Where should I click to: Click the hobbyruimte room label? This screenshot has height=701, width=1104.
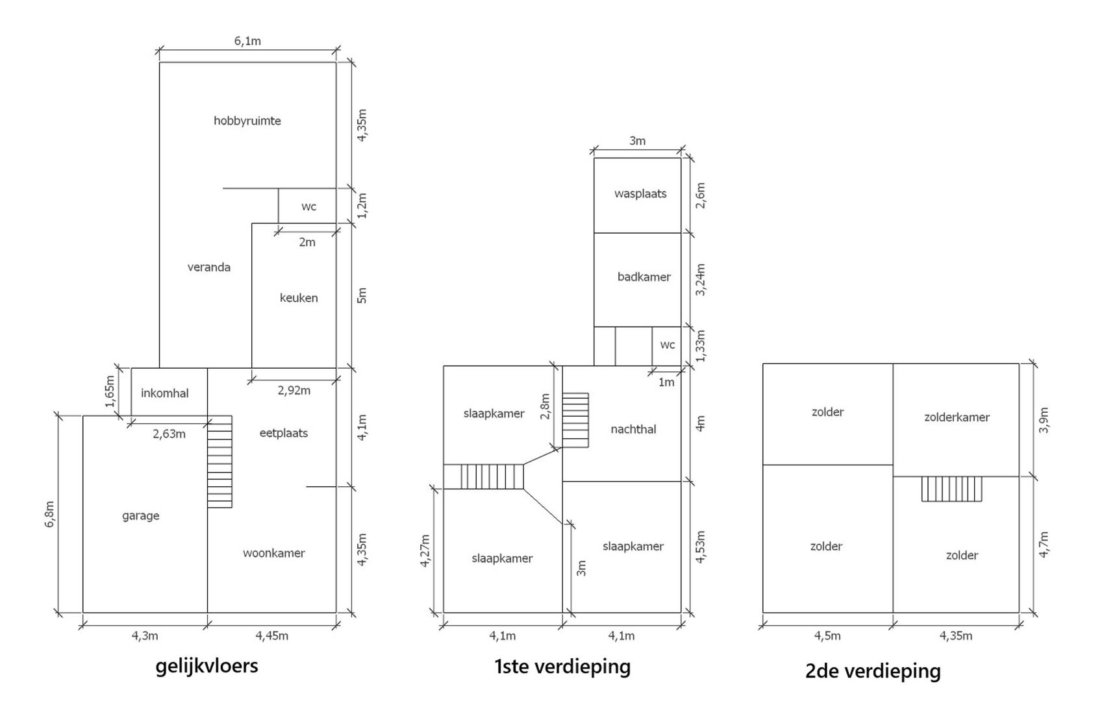[x=247, y=121]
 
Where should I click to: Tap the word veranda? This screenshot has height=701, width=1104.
[x=209, y=267]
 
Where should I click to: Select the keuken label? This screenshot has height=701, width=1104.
[x=299, y=298]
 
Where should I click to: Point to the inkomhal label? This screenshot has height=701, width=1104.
[x=164, y=393]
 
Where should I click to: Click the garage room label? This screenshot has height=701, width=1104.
[x=140, y=516]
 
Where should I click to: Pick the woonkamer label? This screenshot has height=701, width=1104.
[x=274, y=553]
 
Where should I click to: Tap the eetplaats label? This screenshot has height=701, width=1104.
[x=283, y=434]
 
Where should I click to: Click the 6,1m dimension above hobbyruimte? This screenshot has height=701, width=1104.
[x=247, y=41]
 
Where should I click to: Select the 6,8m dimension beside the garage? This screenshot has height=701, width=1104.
[x=50, y=514]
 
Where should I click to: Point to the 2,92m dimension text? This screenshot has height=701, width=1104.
[x=294, y=391]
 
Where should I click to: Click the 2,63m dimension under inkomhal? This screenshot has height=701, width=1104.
[x=169, y=434]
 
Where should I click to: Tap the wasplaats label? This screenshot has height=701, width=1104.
[x=640, y=193]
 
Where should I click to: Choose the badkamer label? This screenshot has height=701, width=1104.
[x=644, y=277]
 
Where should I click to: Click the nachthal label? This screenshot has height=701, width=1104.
[x=633, y=430]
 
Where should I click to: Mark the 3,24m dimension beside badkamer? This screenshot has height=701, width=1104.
[x=700, y=280]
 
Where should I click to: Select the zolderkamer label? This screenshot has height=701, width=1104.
[x=957, y=417]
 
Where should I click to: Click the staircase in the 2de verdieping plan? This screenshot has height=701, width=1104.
[x=951, y=489]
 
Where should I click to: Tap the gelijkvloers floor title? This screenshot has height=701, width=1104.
[x=207, y=666]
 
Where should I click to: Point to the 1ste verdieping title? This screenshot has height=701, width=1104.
[x=562, y=667]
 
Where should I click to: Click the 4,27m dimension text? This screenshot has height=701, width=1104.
[x=425, y=551]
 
